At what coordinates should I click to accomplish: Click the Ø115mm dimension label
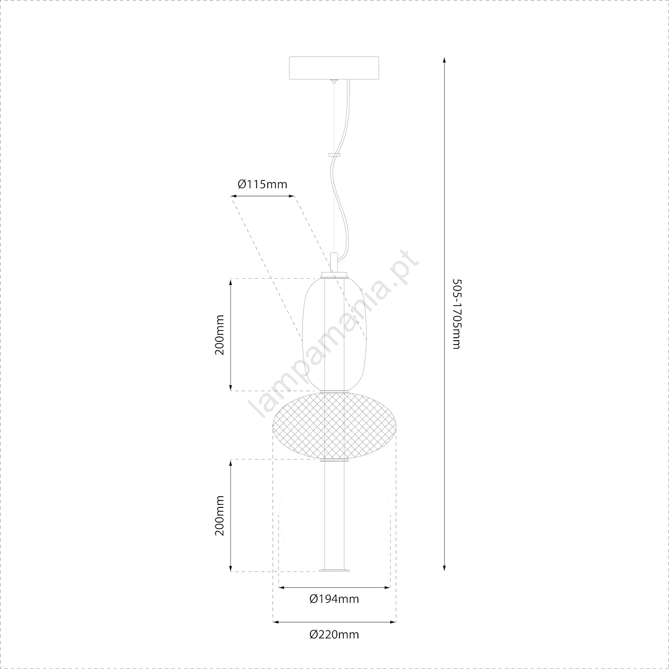pyautogui.click(x=263, y=185)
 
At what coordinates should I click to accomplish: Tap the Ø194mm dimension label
pyautogui.click(x=334, y=599)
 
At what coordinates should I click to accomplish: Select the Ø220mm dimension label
pyautogui.click(x=334, y=634)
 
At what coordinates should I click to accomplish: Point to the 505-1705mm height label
pyautogui.click(x=456, y=314)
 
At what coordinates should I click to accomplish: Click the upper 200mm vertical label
pyautogui.click(x=219, y=335)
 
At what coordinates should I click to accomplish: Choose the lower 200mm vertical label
pyautogui.click(x=219, y=516)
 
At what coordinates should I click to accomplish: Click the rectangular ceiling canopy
pyautogui.click(x=334, y=68)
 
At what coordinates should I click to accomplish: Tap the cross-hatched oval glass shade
pyautogui.click(x=334, y=426)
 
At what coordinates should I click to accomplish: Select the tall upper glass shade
pyautogui.click(x=334, y=334)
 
